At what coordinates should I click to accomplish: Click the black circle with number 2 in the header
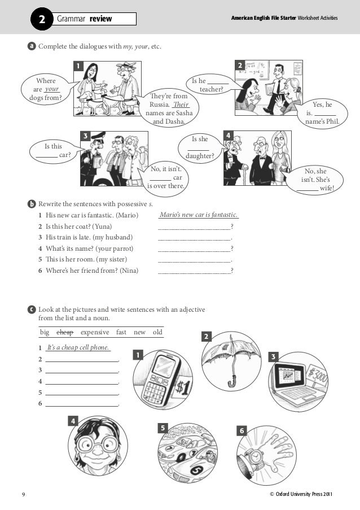coord(42,19)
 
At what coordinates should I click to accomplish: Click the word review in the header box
coord(100,19)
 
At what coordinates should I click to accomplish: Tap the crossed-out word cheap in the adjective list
coord(65,332)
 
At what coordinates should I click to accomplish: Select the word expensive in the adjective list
coord(95,333)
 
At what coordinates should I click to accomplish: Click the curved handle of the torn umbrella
coord(232,381)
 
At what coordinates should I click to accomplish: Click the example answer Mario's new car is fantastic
coord(199,215)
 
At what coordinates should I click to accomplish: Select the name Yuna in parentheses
coord(103,226)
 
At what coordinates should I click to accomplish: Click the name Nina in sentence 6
coord(129,271)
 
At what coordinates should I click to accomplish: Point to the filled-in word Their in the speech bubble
coord(181,104)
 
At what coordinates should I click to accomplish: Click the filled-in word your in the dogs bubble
coord(52,89)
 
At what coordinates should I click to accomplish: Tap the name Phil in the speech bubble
coord(332,121)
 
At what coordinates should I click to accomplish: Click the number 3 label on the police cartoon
coord(85,136)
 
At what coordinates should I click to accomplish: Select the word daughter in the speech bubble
coord(200,156)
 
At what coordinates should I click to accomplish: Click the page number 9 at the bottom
coord(23,495)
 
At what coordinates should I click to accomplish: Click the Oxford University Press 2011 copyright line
coord(301,494)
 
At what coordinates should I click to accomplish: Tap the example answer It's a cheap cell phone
coord(78,347)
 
